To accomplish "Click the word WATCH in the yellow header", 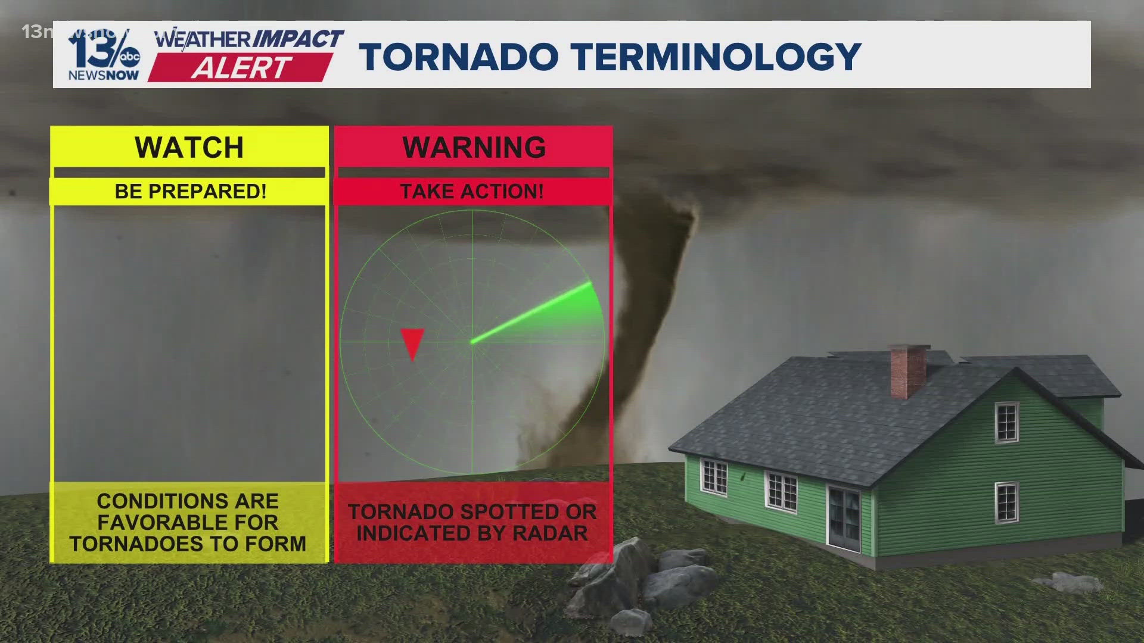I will coord(189,148).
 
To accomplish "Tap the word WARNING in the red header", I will coord(474,148).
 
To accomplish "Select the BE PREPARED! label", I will coord(190,192).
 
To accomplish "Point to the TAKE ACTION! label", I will coord(472,192).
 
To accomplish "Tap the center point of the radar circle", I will coord(472,342).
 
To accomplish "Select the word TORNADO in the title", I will coord(459,57).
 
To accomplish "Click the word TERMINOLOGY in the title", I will coord(717,57).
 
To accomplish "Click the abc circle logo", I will coord(129,57).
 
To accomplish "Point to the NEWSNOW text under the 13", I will coord(103,76).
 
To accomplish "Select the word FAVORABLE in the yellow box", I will coord(188,523).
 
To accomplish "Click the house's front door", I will coord(845,517).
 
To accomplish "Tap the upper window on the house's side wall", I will coord(1006,422).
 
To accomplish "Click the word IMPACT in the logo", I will coord(298,40).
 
